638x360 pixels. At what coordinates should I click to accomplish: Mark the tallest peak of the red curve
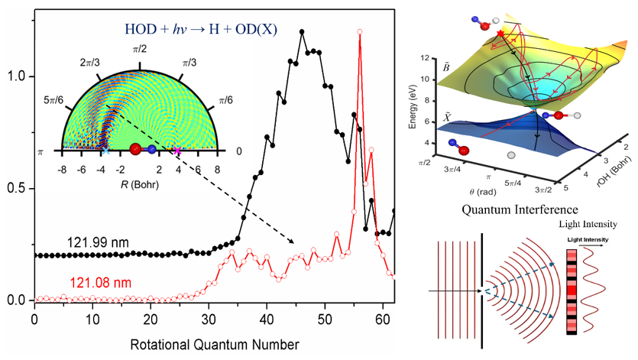click(359, 31)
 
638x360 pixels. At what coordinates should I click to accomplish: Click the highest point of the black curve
click(302, 31)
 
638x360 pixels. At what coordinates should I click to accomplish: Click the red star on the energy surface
click(500, 34)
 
